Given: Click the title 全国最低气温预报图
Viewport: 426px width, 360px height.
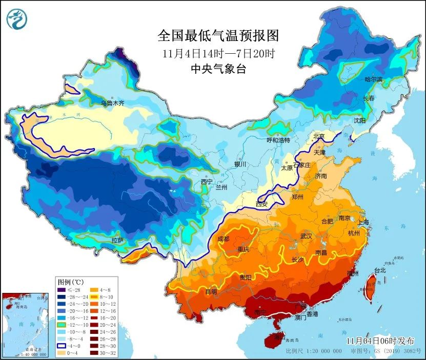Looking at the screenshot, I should pyautogui.click(x=218, y=36).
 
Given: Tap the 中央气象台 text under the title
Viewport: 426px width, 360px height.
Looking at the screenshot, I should pyautogui.click(x=218, y=69).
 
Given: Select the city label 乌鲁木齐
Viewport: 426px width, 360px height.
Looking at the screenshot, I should pyautogui.click(x=112, y=103).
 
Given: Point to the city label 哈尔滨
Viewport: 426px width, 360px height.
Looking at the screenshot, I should pyautogui.click(x=373, y=79).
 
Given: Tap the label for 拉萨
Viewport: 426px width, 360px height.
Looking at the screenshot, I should pyautogui.click(x=117, y=240).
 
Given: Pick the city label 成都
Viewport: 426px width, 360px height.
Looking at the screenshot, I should pyautogui.click(x=224, y=238).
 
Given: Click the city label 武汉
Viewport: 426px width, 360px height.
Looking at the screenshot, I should pyautogui.click(x=306, y=236).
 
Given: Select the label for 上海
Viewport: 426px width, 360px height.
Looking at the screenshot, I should pyautogui.click(x=363, y=223).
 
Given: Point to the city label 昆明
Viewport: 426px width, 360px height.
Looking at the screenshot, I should pyautogui.click(x=211, y=291).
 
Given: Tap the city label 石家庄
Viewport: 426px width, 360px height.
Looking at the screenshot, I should pyautogui.click(x=303, y=165).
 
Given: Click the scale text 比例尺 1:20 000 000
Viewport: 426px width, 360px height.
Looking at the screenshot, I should pyautogui.click(x=314, y=351).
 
